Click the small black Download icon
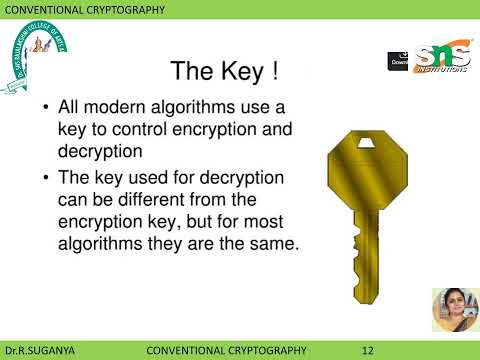[x=398, y=60]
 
